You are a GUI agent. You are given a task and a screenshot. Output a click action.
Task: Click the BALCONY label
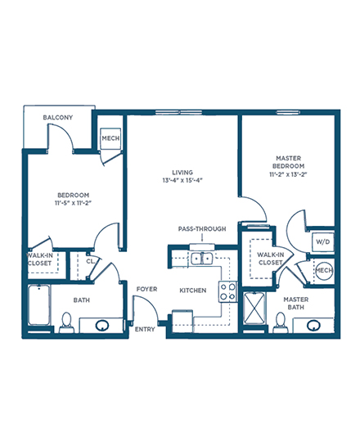(58, 117)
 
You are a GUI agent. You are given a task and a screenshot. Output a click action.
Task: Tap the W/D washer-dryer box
(322, 241)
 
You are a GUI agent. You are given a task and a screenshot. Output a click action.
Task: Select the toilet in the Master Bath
(281, 322)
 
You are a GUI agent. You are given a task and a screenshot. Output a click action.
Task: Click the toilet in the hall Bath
(66, 322)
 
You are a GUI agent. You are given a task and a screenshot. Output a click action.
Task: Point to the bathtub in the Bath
(39, 305)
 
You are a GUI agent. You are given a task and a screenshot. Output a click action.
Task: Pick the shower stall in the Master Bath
(254, 308)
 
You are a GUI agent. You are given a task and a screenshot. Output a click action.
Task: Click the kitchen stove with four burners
(227, 291)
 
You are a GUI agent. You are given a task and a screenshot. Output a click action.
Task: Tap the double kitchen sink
(202, 259)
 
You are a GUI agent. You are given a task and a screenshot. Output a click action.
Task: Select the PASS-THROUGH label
(202, 228)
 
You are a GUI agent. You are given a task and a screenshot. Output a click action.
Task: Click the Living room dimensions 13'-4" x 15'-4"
(182, 180)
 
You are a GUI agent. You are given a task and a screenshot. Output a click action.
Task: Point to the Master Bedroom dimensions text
(288, 174)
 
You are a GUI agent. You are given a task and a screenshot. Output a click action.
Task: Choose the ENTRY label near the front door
(145, 329)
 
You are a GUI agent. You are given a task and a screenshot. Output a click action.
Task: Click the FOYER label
(146, 289)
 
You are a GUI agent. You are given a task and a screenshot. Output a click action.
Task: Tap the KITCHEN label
(193, 291)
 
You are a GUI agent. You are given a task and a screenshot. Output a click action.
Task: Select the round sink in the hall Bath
(102, 325)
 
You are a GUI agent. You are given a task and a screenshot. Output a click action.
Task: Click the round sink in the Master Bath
(313, 325)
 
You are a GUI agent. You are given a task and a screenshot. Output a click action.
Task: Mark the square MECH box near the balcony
(110, 138)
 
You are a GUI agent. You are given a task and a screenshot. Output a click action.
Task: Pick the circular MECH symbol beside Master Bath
(324, 271)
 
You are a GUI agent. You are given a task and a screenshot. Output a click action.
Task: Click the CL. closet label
(91, 261)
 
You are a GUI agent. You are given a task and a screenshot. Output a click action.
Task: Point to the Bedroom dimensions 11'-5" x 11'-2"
(73, 203)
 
